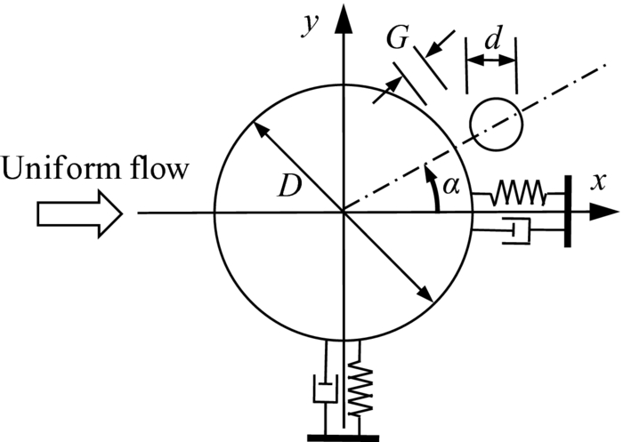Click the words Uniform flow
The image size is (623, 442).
click(94, 167)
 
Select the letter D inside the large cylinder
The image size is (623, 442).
click(287, 188)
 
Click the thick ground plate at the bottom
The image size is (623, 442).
click(343, 437)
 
